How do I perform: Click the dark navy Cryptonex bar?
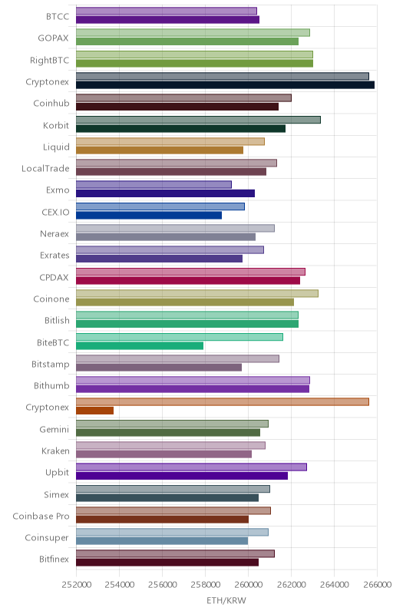225,84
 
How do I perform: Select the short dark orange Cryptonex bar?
94,411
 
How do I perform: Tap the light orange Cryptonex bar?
223,401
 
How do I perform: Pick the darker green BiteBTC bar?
140,345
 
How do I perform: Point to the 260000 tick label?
248,585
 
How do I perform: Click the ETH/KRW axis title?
226,600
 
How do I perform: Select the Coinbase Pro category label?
41,516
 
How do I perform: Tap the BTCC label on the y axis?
58,16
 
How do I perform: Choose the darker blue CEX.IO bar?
149,215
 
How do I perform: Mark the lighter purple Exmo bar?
154,184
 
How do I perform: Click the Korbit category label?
56,125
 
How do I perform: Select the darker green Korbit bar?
181,128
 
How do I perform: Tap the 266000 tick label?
377,585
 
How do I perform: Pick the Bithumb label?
51,386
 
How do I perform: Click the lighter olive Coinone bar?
197,293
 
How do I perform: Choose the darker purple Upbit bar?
182,475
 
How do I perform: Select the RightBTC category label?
50,61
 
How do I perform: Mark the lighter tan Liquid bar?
170,141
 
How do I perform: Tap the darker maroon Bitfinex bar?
167,563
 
